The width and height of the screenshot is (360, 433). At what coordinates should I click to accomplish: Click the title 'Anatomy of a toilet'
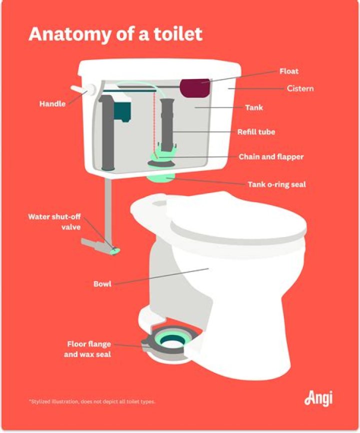click(115, 33)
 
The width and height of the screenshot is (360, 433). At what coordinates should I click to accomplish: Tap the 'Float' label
click(288, 71)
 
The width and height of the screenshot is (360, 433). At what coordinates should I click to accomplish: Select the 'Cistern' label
click(300, 88)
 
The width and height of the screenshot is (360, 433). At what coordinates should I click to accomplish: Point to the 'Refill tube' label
click(256, 132)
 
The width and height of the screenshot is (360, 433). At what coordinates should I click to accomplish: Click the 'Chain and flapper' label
click(271, 157)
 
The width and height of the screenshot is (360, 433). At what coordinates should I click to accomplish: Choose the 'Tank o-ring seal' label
click(276, 184)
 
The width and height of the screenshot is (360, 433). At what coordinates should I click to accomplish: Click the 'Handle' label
click(53, 104)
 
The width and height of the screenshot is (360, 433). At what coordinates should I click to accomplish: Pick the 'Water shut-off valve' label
click(54, 222)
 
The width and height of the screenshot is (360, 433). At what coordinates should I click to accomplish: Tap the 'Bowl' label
click(102, 284)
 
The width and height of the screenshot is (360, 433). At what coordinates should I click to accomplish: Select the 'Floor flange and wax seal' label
click(89, 349)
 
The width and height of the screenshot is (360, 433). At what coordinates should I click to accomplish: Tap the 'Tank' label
click(253, 107)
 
